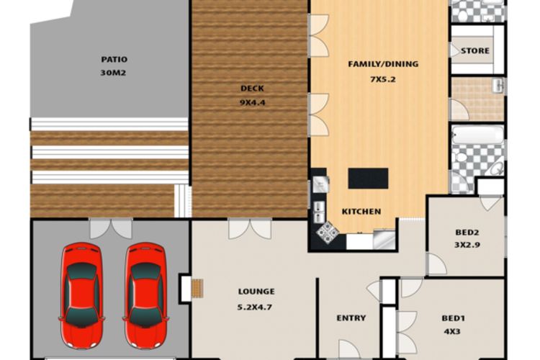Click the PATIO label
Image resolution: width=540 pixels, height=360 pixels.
click(x=114, y=59)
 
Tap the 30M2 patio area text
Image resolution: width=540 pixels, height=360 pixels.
click(x=113, y=73)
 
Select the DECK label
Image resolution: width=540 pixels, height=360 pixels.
click(x=252, y=89)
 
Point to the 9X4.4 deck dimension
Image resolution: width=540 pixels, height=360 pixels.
click(x=253, y=102)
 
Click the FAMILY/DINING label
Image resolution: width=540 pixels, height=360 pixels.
click(x=383, y=64)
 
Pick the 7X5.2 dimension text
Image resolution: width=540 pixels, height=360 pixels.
click(x=382, y=79)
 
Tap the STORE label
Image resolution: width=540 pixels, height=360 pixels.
click(x=475, y=50)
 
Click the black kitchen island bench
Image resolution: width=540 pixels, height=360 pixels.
click(x=368, y=179)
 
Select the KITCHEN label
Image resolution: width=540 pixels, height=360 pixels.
click(x=361, y=212)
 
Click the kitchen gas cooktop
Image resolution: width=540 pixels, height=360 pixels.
click(x=328, y=232)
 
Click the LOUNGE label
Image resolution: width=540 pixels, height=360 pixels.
click(x=256, y=292)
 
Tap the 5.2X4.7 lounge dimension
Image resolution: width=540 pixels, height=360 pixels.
click(x=255, y=307)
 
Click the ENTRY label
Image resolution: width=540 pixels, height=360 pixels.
click(x=351, y=318)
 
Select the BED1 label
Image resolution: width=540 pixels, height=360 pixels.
click(x=453, y=318)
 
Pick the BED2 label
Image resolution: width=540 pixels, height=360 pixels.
click(x=467, y=233)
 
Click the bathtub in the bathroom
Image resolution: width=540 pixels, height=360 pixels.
click(x=477, y=135)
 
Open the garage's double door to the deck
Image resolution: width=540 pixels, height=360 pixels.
click(x=111, y=228)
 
